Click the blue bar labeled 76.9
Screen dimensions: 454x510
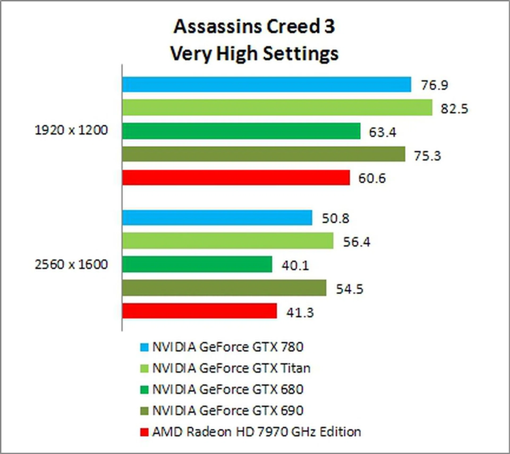pyautogui.click(x=266, y=84)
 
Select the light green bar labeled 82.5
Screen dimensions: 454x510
pyautogui.click(x=277, y=108)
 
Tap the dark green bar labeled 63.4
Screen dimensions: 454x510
pyautogui.click(x=241, y=131)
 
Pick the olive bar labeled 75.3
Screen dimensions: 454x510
pyautogui.click(x=263, y=154)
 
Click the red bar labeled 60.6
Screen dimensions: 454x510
pyautogui.click(x=236, y=177)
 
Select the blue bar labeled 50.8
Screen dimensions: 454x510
pyautogui.click(x=217, y=217)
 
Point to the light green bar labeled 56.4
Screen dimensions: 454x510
pyautogui.click(x=228, y=241)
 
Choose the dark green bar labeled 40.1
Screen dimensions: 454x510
pyautogui.click(x=197, y=264)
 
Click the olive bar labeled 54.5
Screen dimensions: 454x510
pyautogui.click(x=224, y=287)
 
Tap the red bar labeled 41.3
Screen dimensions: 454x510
pyautogui.click(x=199, y=311)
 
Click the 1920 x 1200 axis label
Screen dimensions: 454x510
pyautogui.click(x=71, y=130)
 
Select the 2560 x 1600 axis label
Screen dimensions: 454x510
pyautogui.click(x=71, y=265)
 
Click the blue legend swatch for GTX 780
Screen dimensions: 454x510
pyautogui.click(x=144, y=347)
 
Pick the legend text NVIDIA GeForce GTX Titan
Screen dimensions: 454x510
pyautogui.click(x=231, y=368)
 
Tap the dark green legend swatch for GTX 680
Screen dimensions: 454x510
pyautogui.click(x=144, y=390)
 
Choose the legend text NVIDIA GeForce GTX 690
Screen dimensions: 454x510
pyautogui.click(x=228, y=411)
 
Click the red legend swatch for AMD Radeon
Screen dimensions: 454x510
pyautogui.click(x=144, y=432)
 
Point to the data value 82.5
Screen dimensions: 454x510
pyautogui.click(x=454, y=109)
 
